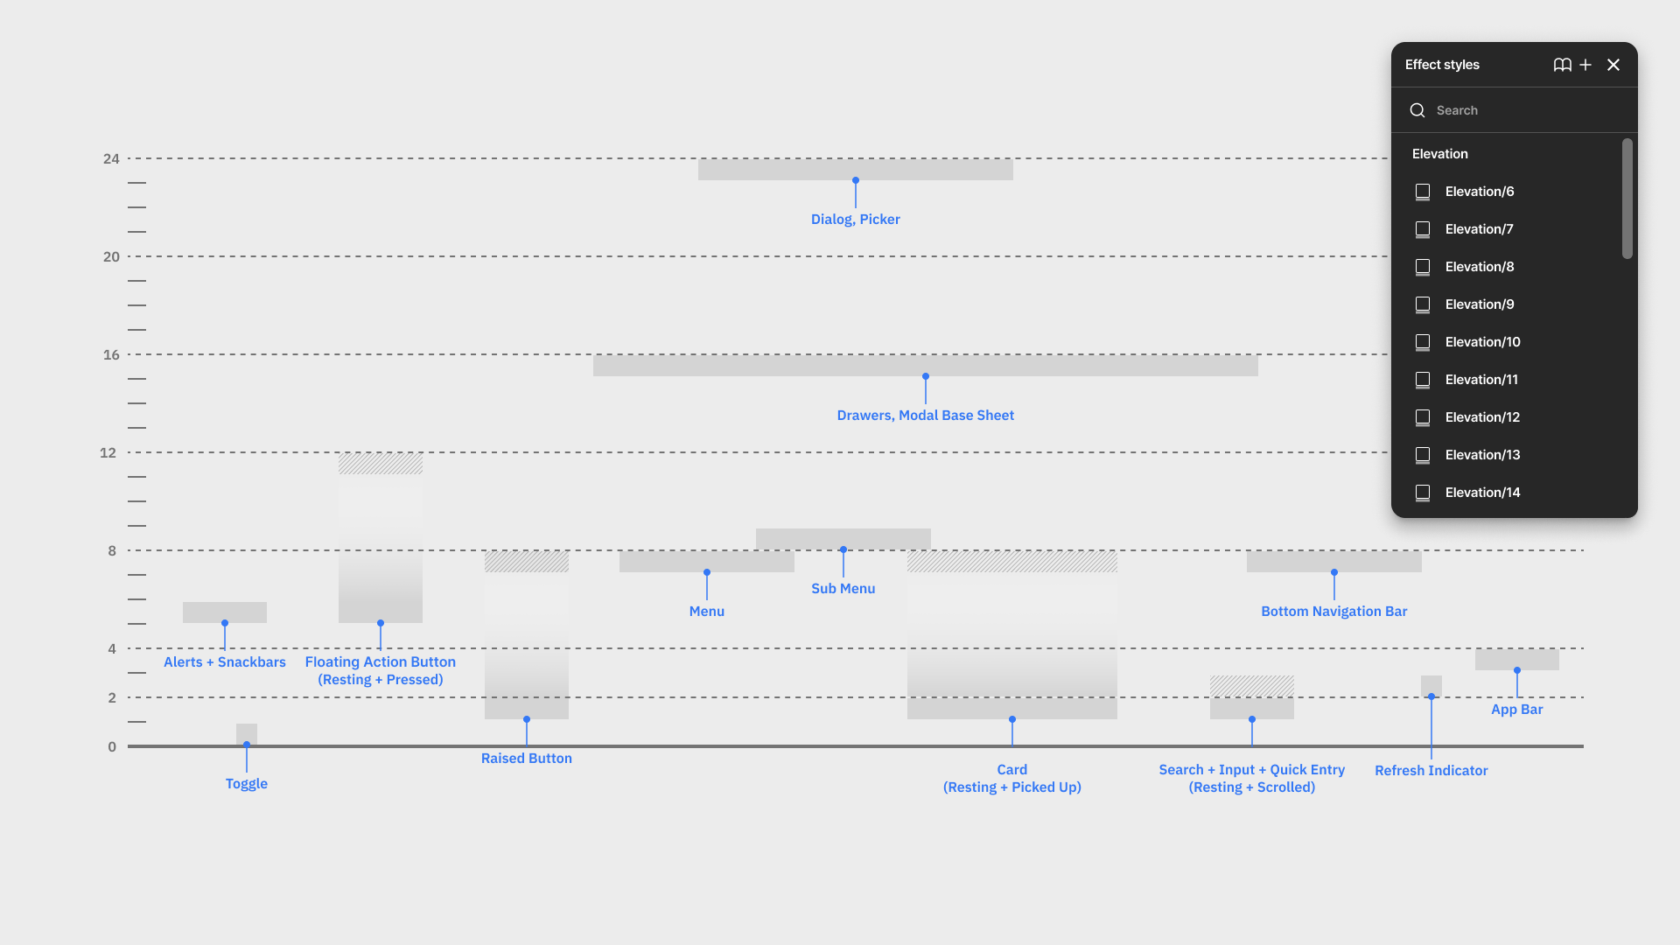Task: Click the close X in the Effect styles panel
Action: [x=1613, y=65]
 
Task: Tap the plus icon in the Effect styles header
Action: [x=1585, y=65]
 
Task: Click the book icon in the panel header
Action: [x=1562, y=65]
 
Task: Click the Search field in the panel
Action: [x=1522, y=110]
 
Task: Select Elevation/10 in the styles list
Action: [x=1482, y=342]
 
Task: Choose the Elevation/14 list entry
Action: [x=1482, y=493]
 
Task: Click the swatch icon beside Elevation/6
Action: [x=1423, y=192]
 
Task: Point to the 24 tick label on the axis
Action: [x=111, y=158]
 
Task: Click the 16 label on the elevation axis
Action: [x=111, y=354]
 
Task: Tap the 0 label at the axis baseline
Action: [x=112, y=746]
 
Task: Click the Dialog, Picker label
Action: [x=855, y=220]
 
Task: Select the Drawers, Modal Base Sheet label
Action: [x=925, y=416]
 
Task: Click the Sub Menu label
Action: [x=843, y=589]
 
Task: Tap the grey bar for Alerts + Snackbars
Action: [x=225, y=612]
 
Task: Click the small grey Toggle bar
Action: [x=247, y=733]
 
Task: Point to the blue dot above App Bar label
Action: [x=1517, y=670]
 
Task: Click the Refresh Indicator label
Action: [x=1431, y=771]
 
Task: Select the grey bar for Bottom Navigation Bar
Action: [x=1333, y=561]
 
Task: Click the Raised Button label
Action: [x=526, y=759]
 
